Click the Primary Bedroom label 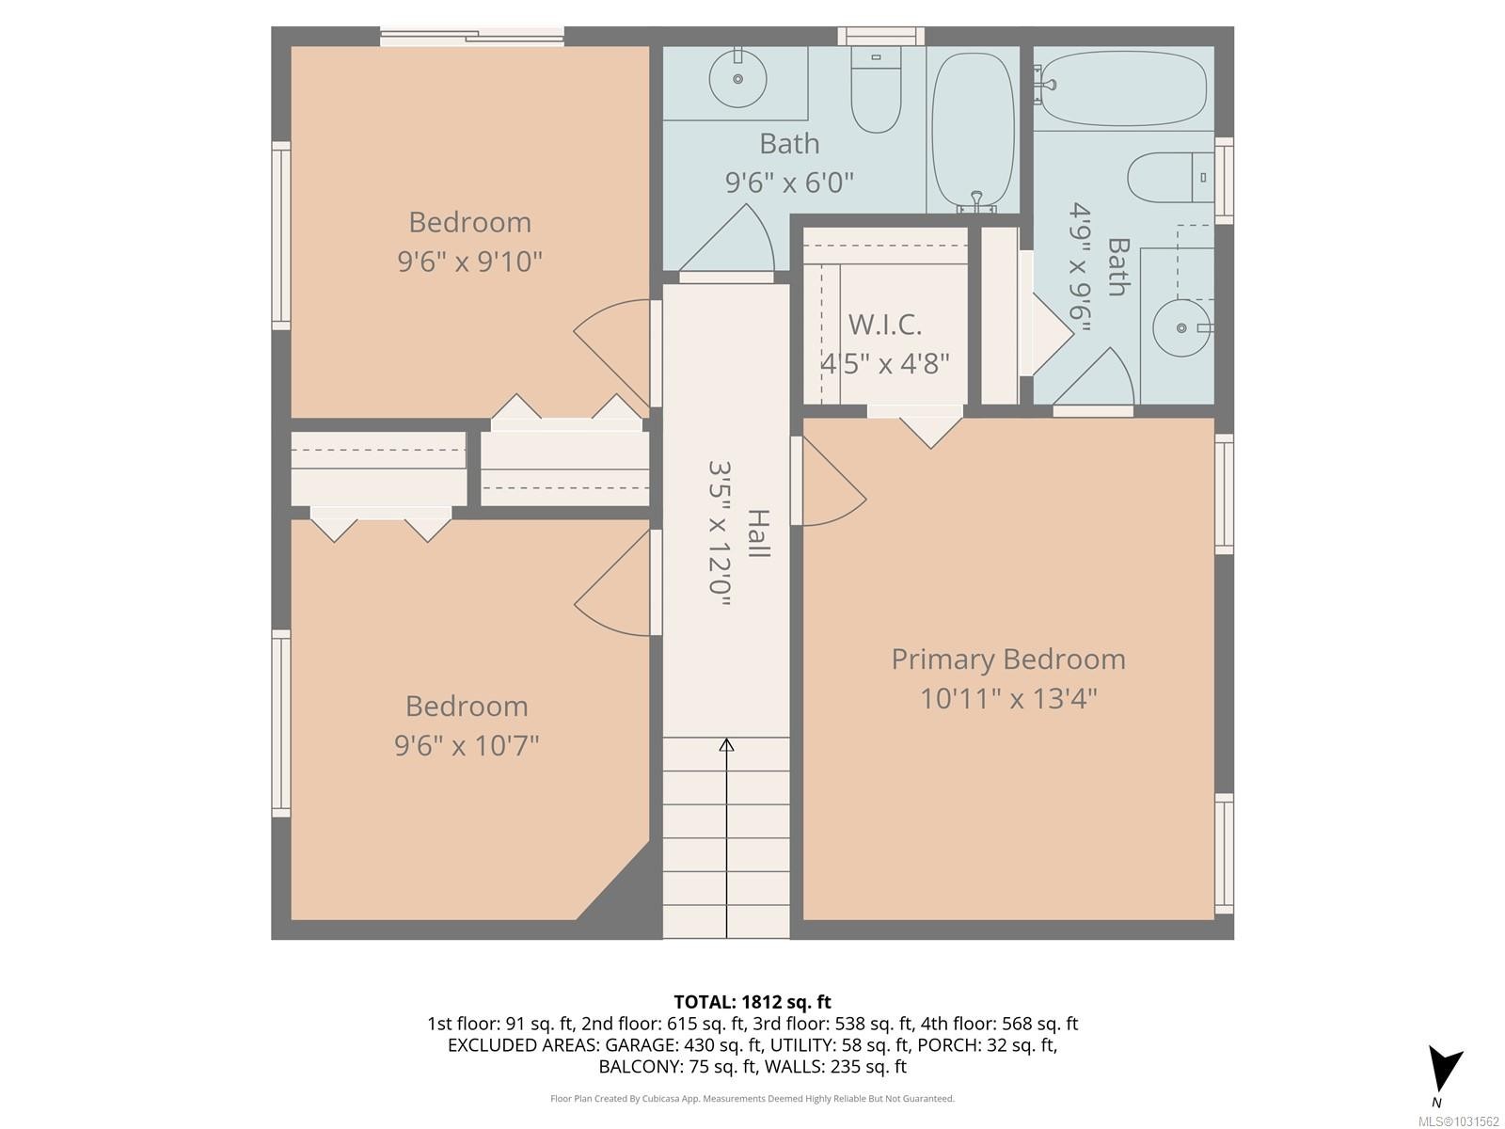(x=1007, y=659)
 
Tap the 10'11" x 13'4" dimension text (x=1007, y=699)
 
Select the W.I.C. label (x=884, y=325)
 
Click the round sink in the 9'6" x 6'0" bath (x=738, y=79)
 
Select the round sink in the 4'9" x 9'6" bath (x=1181, y=327)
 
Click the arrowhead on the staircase (x=726, y=745)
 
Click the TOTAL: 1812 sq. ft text (x=752, y=1002)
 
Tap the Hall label (x=758, y=533)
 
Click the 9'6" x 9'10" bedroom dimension (x=469, y=262)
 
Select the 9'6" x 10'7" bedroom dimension (x=467, y=746)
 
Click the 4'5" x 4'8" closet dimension (x=884, y=363)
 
